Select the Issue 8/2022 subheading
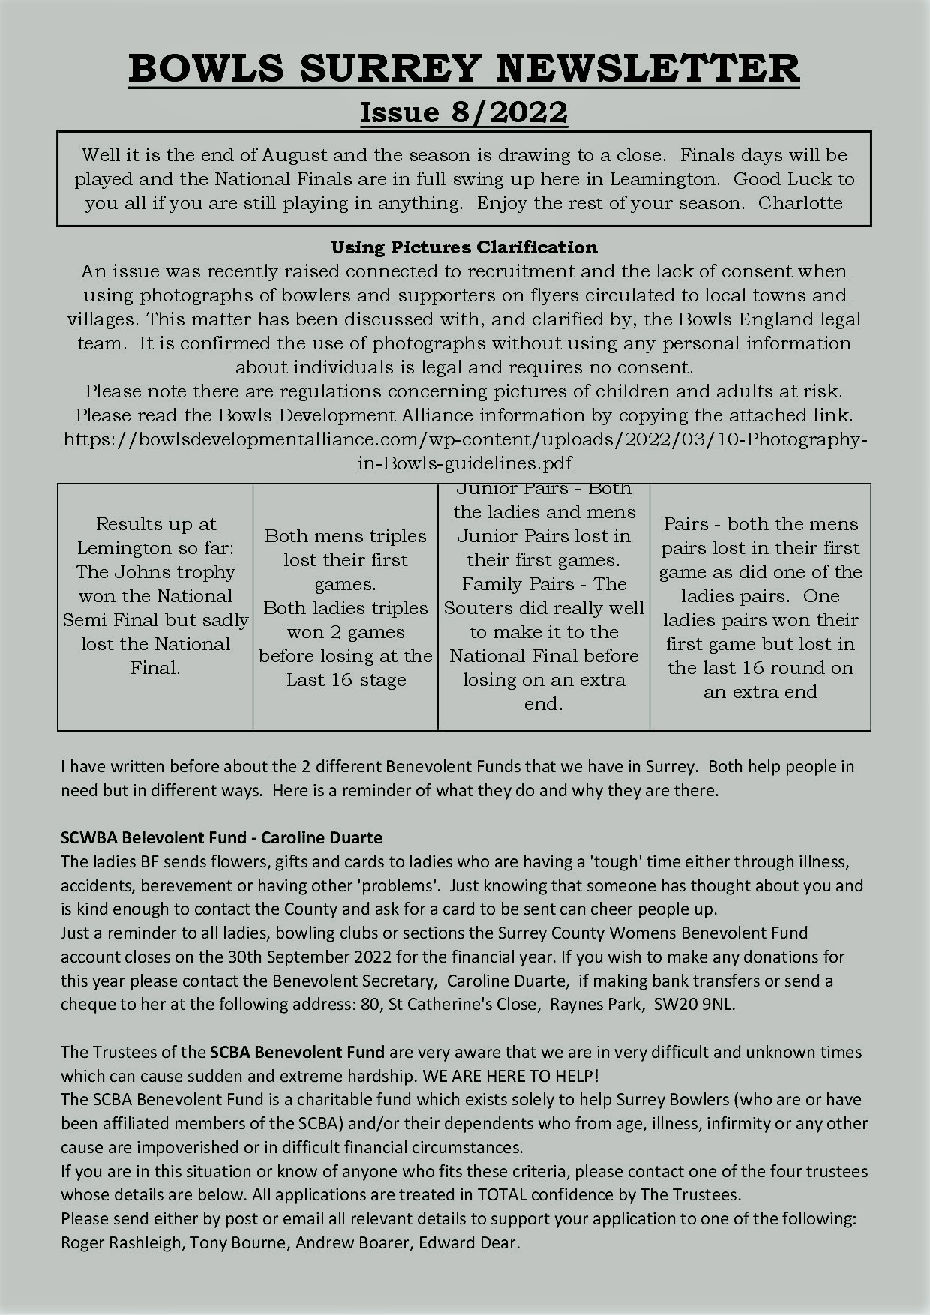pyautogui.click(x=464, y=112)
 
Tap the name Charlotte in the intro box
pyautogui.click(x=800, y=203)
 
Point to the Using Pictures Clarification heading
pyautogui.click(x=464, y=247)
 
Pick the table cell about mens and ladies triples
pyautogui.click(x=346, y=607)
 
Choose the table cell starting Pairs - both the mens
pyautogui.click(x=760, y=607)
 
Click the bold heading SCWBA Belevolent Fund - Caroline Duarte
pyautogui.click(x=221, y=837)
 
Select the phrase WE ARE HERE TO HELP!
pyautogui.click(x=511, y=1077)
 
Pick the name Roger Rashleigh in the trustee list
pyautogui.click(x=121, y=1243)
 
